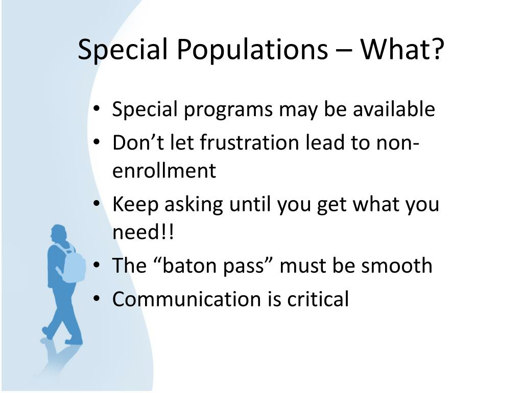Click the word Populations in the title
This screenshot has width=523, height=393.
coord(252,50)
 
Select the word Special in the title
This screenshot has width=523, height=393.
coord(123,50)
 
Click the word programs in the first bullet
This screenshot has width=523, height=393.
coord(228,111)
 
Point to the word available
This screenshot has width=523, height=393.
coord(394,109)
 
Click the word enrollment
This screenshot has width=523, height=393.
coord(164,170)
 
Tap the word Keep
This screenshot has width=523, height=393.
coord(135,205)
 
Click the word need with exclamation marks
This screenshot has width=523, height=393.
coord(143,232)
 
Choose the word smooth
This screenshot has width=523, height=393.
coord(397,266)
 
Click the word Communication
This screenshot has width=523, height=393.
coord(186,299)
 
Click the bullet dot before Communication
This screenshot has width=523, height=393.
coord(97,298)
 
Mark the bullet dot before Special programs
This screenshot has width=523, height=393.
coord(97,108)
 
